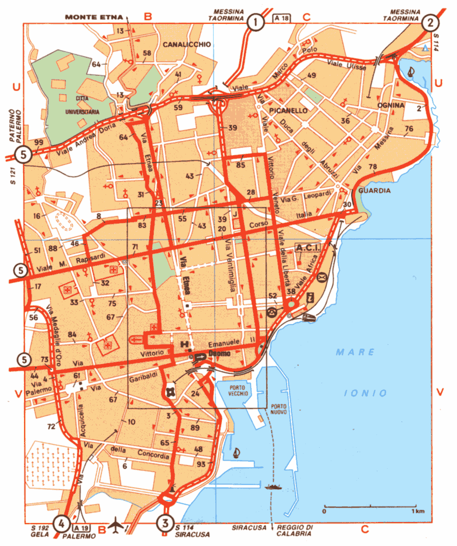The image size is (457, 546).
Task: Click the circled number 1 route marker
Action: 255,21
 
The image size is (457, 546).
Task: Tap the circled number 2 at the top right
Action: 430,21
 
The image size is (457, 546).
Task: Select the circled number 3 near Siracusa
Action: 165,521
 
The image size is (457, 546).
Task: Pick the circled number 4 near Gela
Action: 62,521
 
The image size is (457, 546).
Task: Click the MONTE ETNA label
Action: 95,18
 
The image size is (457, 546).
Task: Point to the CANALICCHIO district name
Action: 186,44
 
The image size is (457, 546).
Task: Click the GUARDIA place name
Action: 375,191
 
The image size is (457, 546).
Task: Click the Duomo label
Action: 218,354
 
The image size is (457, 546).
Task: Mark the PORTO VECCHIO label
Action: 239,389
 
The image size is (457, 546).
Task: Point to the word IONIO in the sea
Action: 366,392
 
